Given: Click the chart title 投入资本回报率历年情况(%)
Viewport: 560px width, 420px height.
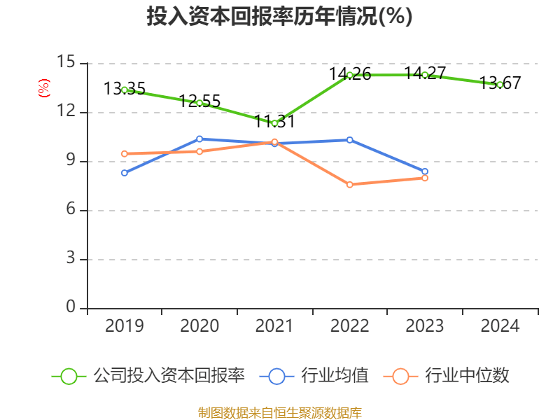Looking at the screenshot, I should [279, 17].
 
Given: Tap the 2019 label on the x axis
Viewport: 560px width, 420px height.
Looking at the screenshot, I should [124, 326].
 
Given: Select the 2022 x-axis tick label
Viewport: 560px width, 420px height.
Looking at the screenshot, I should [350, 326].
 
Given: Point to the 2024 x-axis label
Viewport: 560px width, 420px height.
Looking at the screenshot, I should [500, 326].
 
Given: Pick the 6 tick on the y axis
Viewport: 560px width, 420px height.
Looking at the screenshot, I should [70, 210].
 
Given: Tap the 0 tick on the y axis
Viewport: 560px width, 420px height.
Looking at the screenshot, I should [70, 308].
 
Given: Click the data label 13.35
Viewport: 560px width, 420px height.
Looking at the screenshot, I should [125, 89].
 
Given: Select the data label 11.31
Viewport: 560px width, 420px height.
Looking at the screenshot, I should [274, 121].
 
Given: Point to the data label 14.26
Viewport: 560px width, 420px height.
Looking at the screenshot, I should [350, 73].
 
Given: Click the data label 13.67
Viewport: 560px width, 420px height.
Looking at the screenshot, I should [500, 83].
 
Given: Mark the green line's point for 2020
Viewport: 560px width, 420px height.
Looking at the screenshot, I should [199, 103].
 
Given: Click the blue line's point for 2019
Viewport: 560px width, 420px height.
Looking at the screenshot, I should [125, 173].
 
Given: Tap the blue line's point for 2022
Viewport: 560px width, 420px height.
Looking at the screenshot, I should [350, 140].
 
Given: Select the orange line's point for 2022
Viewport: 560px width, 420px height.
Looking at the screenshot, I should [350, 185].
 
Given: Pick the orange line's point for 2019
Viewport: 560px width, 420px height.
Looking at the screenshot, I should [125, 153].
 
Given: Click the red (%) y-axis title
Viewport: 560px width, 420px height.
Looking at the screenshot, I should [43, 87].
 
